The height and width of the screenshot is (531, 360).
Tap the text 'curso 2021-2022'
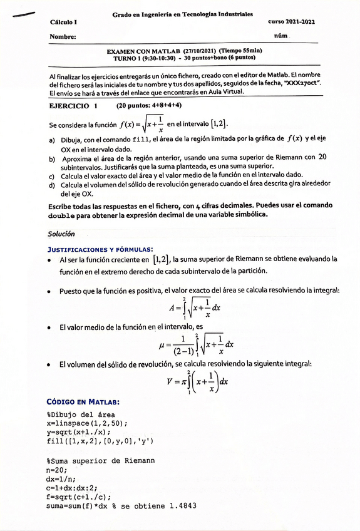pyautogui.click(x=292, y=22)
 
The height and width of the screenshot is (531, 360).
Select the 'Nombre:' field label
pyautogui.click(x=63, y=36)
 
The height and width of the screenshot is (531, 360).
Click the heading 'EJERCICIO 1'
pyautogui.click(x=73, y=106)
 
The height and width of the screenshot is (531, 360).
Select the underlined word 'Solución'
pyautogui.click(x=61, y=234)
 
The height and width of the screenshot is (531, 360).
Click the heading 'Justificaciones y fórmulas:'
pyautogui.click(x=100, y=249)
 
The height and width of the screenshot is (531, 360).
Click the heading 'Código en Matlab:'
pyautogui.click(x=83, y=401)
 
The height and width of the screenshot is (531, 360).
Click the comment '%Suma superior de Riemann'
pyautogui.click(x=100, y=460)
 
